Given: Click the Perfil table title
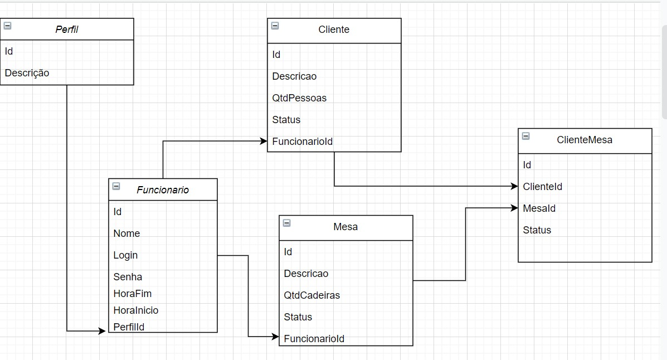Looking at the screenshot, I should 67,30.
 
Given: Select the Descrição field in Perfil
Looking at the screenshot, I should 27,73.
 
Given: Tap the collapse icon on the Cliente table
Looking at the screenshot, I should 275,26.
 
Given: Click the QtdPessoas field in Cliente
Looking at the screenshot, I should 299,98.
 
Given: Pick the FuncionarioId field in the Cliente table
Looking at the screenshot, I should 302,142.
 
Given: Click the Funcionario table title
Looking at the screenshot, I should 163,190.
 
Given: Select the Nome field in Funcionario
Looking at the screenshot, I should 126,233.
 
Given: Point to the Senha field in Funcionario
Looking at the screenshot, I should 128,277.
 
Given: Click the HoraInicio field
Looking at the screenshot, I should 135,310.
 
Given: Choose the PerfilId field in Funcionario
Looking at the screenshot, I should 129,327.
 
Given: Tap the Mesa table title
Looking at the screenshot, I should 345,227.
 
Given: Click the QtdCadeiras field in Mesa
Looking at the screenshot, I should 311,295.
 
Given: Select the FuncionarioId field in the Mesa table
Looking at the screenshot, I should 314,339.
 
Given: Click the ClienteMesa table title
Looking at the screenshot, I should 585,140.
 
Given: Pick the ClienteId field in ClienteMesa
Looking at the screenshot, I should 542,187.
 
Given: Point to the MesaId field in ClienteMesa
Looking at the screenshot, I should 539,208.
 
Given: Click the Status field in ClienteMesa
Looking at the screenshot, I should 537,230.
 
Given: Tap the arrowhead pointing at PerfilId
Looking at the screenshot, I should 102,331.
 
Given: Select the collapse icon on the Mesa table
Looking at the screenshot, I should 286,223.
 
